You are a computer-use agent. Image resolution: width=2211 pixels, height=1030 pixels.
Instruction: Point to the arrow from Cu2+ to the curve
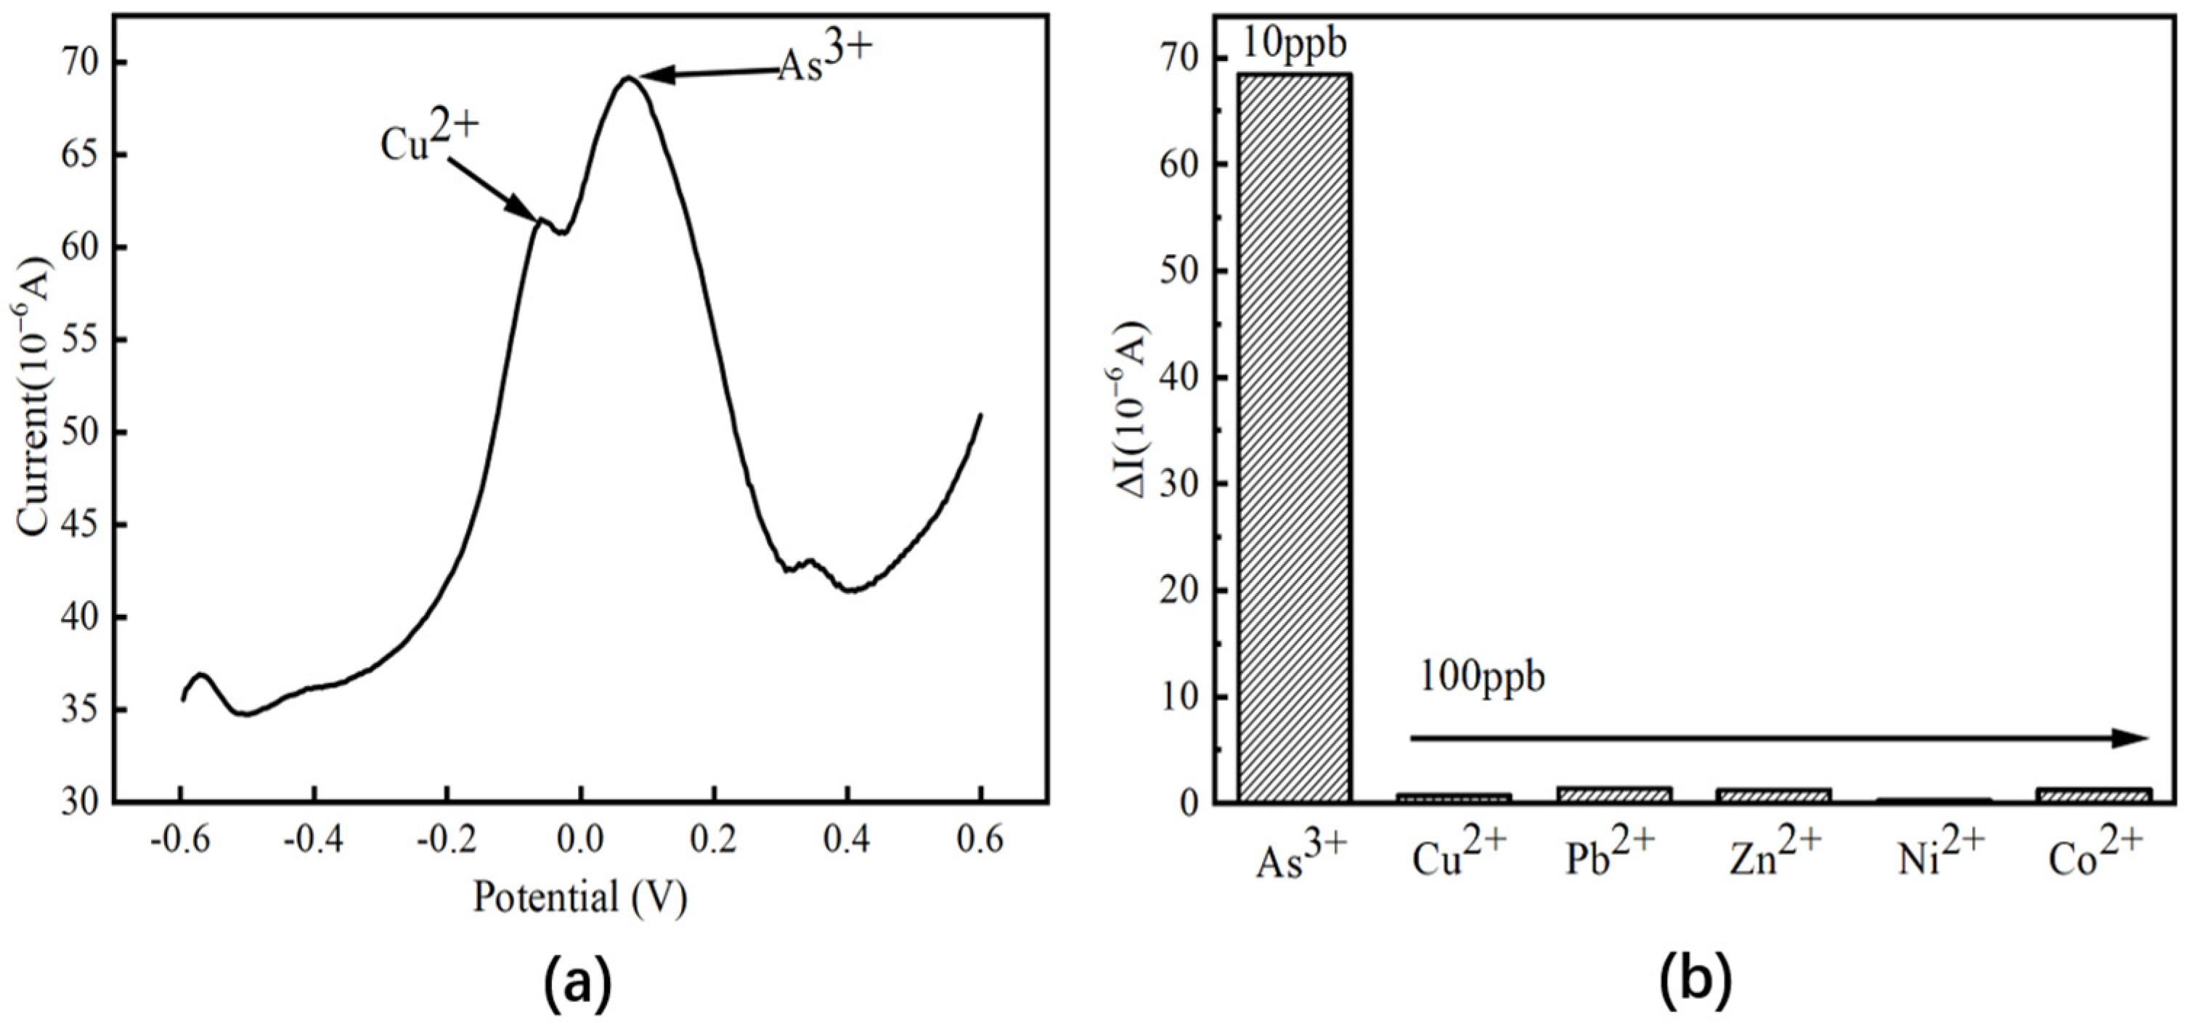point(494,188)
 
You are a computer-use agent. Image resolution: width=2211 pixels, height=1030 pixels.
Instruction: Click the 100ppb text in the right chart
point(1481,678)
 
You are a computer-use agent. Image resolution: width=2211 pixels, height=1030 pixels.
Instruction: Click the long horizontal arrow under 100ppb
point(1777,737)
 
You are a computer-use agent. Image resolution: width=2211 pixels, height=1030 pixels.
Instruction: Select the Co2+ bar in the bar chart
point(2093,795)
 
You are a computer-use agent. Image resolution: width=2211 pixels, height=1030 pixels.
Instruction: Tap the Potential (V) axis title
point(580,899)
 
